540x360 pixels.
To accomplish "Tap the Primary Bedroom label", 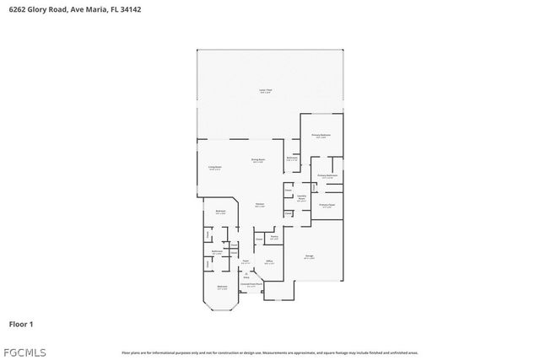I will tap(320, 135).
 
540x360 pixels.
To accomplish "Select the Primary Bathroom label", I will tap(327, 175).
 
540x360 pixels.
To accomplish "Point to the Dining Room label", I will tap(258, 159).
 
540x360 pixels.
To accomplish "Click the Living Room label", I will tap(215, 168).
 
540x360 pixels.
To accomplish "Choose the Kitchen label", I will tap(261, 205).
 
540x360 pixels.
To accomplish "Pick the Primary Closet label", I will tap(327, 205).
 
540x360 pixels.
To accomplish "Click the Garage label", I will tap(310, 255).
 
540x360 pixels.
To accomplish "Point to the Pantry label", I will tap(274, 239).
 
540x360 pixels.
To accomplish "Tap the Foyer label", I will tap(246, 261).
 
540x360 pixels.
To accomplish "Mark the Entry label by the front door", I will tap(246, 276).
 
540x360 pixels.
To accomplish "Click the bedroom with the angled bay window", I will tap(223, 287).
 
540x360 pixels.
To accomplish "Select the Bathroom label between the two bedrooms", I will tap(217, 251).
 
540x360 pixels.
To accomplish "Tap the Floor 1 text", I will tap(21, 324).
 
